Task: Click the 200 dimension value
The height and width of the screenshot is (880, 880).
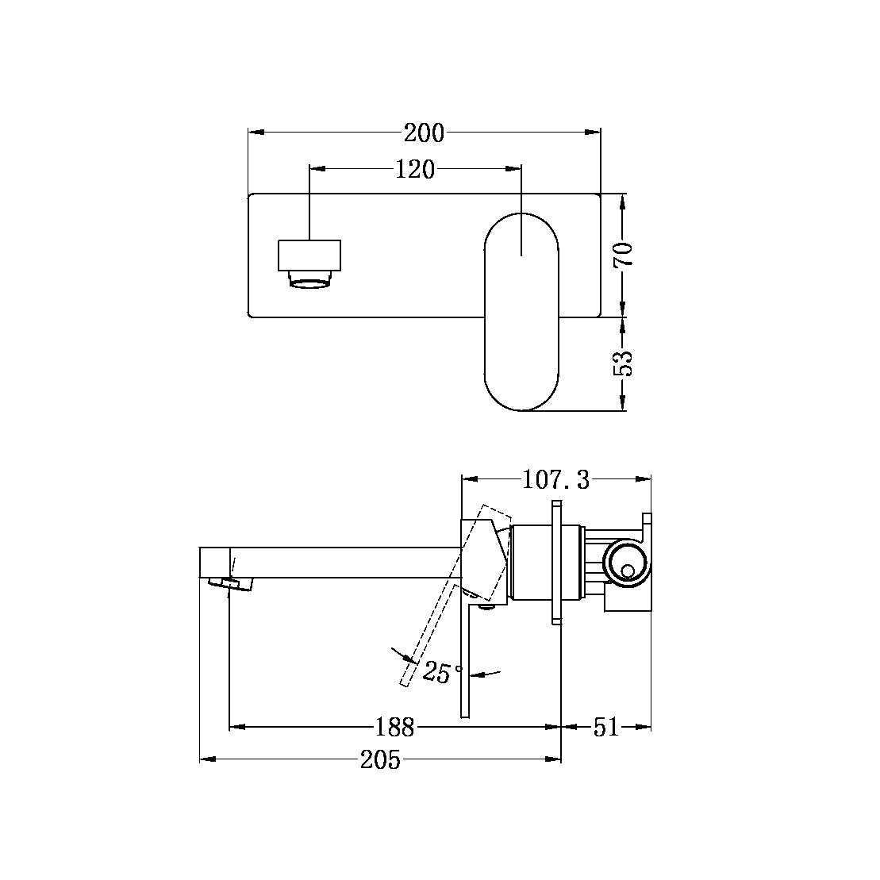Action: pos(424,133)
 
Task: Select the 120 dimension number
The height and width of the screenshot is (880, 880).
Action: pos(416,169)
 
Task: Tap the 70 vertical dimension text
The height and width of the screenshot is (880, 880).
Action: pos(624,254)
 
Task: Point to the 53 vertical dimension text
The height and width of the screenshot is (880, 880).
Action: pos(624,363)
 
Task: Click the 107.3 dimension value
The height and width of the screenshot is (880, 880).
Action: pos(556,479)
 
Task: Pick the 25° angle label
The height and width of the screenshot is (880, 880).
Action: pos(443,672)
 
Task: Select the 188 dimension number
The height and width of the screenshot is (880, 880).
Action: pos(394,726)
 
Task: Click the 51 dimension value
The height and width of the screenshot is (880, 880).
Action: pos(605,726)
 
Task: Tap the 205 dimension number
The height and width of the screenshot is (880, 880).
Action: pos(381,760)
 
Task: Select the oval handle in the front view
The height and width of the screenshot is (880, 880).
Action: pos(521,310)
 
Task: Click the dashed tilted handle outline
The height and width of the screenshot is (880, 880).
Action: pos(444,603)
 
